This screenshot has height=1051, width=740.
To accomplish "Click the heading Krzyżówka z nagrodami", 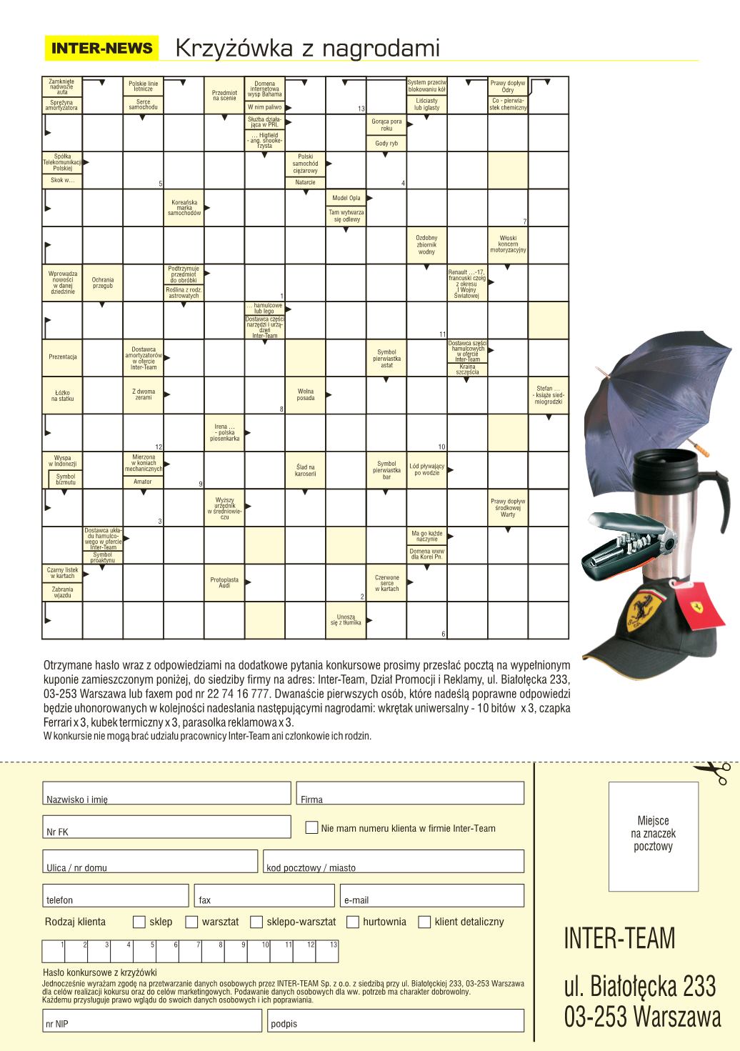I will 307,49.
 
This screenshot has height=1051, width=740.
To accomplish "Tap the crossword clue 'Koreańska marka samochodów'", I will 184,208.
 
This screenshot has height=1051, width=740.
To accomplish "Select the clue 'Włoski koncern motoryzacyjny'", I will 508,244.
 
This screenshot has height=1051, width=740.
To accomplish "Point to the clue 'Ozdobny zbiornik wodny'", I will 426,244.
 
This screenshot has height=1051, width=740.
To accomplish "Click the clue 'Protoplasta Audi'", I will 224,583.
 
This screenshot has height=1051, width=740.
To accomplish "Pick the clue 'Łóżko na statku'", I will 62,396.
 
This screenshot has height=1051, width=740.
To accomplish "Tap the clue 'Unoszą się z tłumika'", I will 346,619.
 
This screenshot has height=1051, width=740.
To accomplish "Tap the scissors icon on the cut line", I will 713,772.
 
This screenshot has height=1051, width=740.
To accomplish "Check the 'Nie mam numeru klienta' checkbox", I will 311,827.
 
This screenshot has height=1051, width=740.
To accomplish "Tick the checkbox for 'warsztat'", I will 191,922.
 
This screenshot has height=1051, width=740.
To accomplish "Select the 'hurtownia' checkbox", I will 352,922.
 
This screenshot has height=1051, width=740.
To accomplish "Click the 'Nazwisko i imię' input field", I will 166,793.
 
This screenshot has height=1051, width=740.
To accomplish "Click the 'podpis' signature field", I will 396,1020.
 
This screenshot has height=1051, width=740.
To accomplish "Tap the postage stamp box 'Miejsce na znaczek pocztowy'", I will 653,837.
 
